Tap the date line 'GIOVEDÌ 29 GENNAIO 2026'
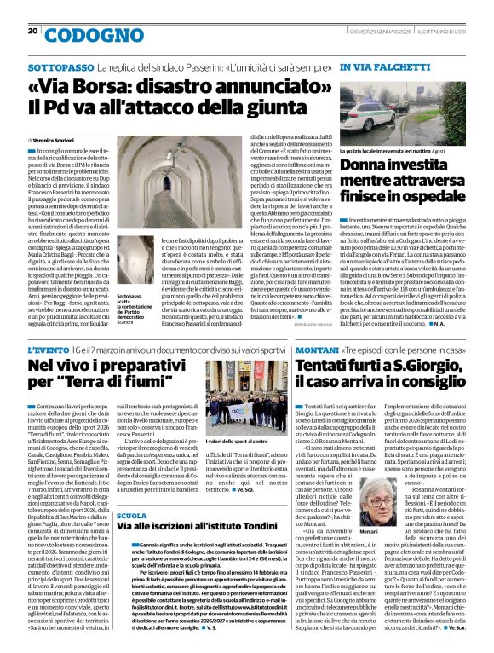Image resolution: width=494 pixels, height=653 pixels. tap(380, 31)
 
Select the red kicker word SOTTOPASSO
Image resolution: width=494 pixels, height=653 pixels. tap(60, 66)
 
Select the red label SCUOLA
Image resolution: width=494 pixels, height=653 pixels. tap(131, 516)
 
